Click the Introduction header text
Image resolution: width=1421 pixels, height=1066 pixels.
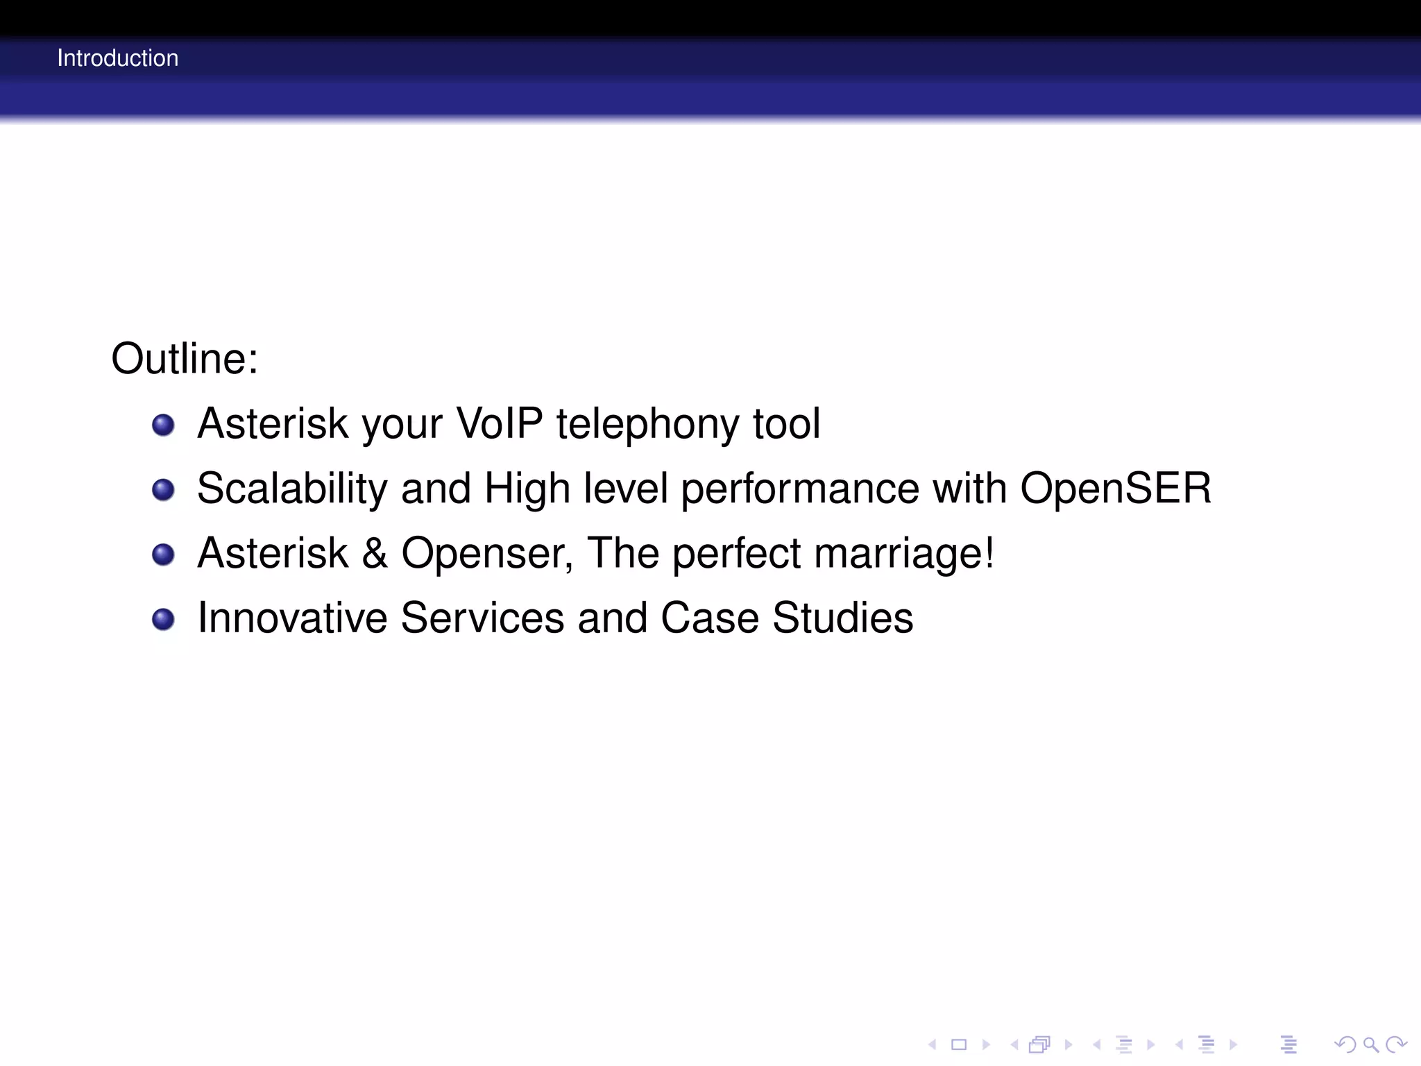(117, 58)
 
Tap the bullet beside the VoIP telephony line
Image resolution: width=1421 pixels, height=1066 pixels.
(163, 425)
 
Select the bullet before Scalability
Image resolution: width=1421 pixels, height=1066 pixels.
(163, 490)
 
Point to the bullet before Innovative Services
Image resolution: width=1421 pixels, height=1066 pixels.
(163, 619)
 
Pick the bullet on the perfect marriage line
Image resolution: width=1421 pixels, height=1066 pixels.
(163, 555)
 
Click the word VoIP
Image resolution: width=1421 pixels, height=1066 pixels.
(498, 423)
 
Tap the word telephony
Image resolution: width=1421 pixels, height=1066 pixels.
(647, 425)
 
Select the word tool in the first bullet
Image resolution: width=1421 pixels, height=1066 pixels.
(786, 423)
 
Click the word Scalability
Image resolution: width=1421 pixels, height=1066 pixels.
(292, 489)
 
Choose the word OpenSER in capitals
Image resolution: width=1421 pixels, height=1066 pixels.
(1116, 488)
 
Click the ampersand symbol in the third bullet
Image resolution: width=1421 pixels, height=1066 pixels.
(375, 553)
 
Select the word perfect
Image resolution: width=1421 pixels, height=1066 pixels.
(735, 553)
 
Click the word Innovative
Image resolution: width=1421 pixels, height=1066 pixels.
(292, 618)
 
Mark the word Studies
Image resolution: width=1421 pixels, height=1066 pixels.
(842, 618)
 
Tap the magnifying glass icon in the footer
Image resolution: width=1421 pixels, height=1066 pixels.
(1370, 1044)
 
